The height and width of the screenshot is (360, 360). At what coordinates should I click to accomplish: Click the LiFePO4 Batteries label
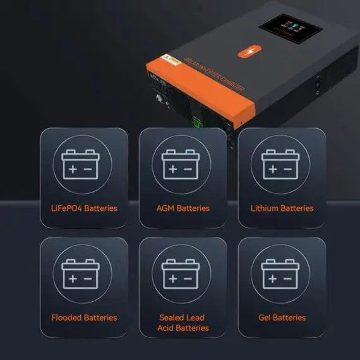tap(84, 208)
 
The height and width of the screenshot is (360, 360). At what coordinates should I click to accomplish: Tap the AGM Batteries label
tap(183, 208)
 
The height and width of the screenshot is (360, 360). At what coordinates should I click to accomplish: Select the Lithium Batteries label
tap(282, 208)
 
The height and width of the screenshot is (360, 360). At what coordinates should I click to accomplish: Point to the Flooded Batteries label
tap(84, 318)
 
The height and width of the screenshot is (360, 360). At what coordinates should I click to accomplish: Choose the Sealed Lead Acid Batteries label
tap(183, 323)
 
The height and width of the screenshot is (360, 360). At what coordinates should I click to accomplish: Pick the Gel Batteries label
tap(282, 318)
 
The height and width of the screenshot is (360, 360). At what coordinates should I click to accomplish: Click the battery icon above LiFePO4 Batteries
tap(80, 166)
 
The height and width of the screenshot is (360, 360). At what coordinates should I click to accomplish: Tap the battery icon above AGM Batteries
tap(180, 166)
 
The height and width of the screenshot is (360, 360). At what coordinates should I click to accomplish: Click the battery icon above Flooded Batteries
tap(80, 275)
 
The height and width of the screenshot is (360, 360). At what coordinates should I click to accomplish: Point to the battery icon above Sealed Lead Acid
tap(180, 275)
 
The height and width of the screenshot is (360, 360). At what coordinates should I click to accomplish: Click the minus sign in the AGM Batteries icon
tap(188, 169)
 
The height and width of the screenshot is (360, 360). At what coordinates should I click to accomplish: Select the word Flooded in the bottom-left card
tap(67, 318)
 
